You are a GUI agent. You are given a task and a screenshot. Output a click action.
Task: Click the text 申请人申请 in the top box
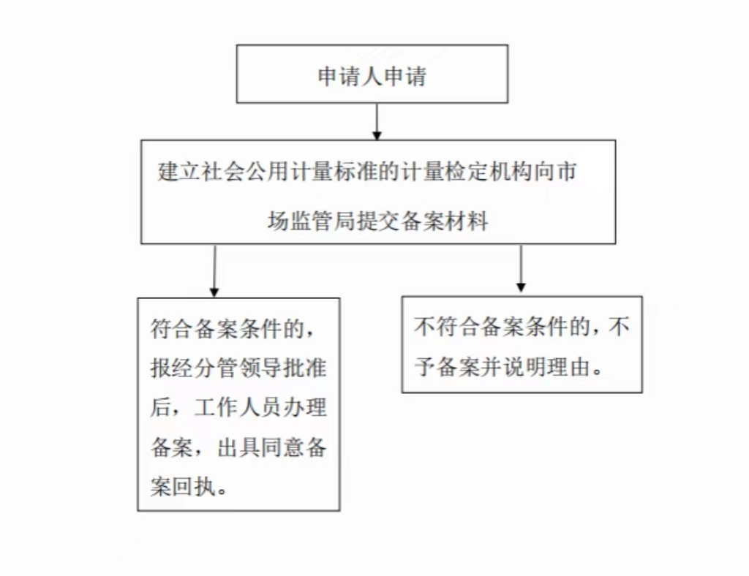372,76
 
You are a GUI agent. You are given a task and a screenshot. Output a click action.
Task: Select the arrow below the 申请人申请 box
377,121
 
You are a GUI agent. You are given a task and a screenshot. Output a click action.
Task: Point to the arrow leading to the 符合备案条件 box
214,271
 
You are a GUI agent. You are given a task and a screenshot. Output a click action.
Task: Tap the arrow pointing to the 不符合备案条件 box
521,269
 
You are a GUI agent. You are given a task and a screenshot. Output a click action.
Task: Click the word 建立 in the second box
179,172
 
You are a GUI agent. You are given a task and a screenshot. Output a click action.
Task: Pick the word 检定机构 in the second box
489,172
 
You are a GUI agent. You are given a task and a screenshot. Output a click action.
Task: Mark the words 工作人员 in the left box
238,408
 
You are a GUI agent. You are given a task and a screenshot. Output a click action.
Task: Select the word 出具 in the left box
238,447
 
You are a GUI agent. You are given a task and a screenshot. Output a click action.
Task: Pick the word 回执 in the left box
195,487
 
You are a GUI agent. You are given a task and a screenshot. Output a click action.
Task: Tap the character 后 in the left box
161,408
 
